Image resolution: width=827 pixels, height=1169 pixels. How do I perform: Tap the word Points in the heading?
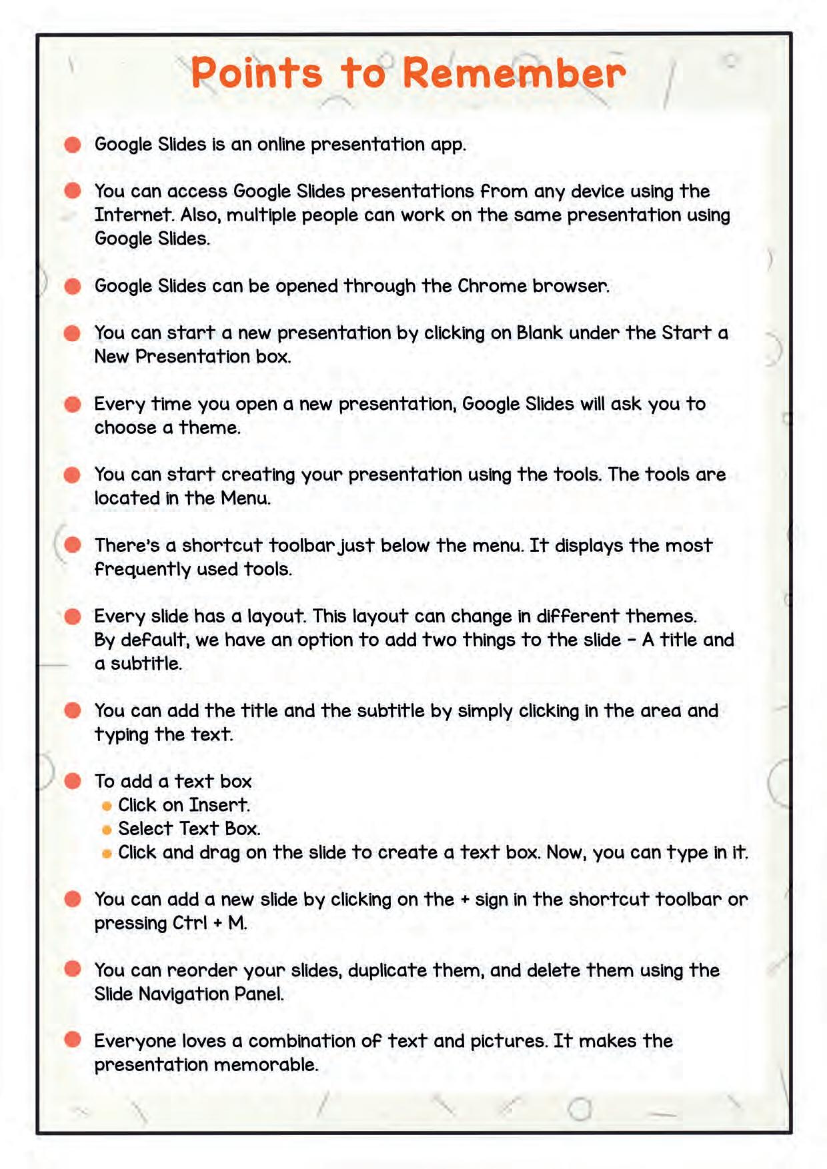click(257, 73)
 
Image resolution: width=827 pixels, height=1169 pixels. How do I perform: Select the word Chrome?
click(492, 286)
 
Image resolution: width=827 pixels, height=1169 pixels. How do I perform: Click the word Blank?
click(540, 333)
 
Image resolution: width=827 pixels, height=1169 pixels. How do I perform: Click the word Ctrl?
click(190, 923)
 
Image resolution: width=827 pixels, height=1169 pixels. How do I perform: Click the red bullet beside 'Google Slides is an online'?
click(73, 145)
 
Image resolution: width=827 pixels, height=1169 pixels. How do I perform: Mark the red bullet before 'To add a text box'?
click(73, 781)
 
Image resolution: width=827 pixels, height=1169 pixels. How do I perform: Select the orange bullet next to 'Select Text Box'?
click(107, 830)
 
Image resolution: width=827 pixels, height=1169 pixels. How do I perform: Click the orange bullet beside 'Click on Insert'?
click(107, 806)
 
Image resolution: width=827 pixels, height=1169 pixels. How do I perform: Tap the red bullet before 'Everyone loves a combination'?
click(73, 1040)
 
